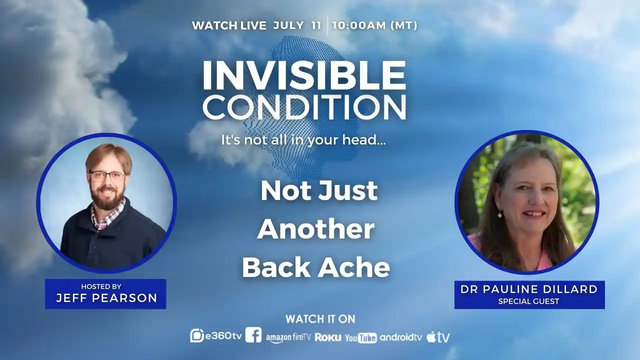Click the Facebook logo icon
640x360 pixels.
[253, 335]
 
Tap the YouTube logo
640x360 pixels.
[361, 338]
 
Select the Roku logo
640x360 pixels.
[328, 337]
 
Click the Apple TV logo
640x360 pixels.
[438, 337]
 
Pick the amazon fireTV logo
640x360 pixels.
[288, 338]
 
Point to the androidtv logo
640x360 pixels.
[401, 337]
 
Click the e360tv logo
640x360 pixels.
[216, 335]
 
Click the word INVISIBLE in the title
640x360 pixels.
[304, 75]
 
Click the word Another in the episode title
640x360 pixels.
[315, 229]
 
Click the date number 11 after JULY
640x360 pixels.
[316, 25]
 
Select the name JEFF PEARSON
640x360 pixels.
[106, 298]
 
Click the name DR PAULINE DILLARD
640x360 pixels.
[529, 289]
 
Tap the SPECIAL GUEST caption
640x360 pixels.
[528, 301]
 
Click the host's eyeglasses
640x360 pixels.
[107, 175]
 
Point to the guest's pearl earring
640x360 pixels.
[499, 213]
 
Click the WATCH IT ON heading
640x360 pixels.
[320, 319]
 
